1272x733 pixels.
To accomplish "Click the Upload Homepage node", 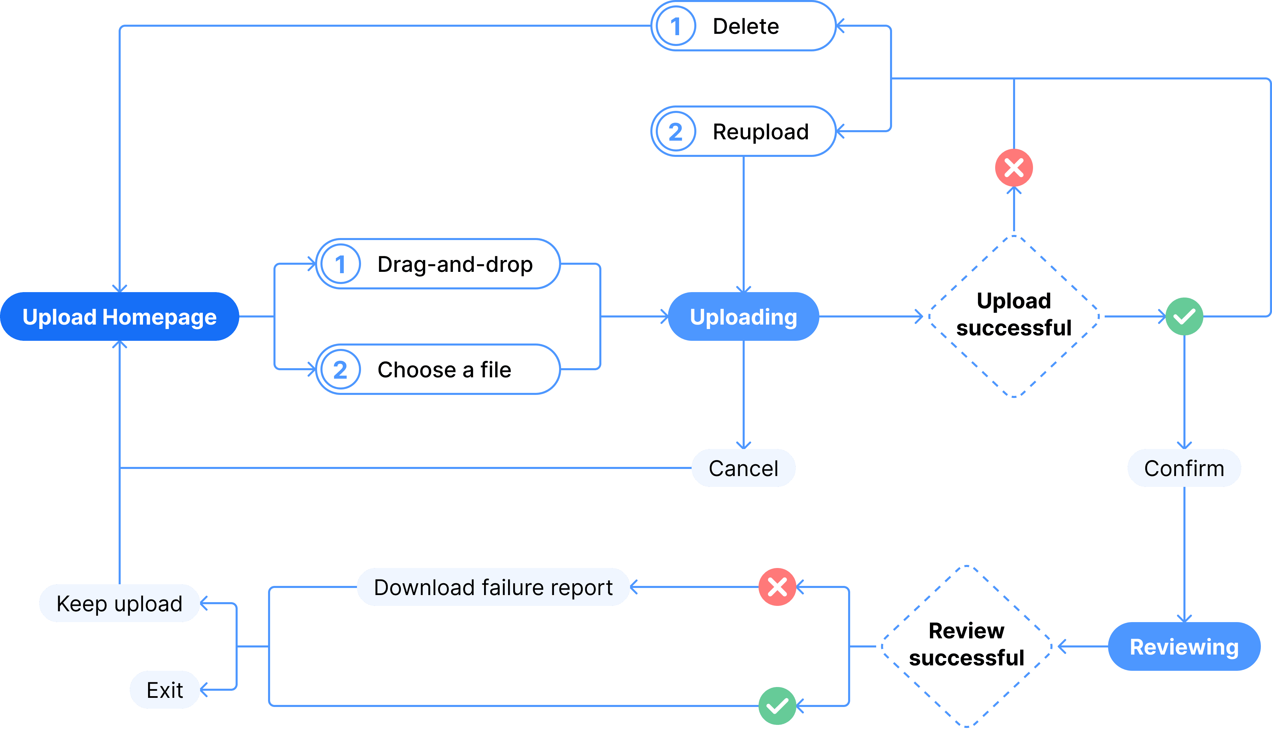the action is click(120, 317).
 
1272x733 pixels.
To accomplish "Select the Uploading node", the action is click(743, 317).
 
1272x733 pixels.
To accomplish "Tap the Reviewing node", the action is click(1184, 646).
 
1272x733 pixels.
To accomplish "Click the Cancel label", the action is click(743, 468).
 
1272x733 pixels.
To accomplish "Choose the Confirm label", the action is click(1184, 468).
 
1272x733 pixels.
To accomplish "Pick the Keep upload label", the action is click(120, 603).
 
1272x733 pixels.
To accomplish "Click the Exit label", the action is click(165, 690).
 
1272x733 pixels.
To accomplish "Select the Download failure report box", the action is click(493, 587).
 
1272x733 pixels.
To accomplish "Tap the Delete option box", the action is click(743, 26).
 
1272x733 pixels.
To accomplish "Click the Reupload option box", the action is click(743, 132).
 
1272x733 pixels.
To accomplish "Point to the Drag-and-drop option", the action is click(438, 264).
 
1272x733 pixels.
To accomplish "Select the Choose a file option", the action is click(438, 370).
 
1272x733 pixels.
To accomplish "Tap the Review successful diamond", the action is click(966, 646).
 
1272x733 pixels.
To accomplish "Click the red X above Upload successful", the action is click(1014, 168).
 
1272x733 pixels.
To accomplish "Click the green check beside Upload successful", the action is click(1184, 317).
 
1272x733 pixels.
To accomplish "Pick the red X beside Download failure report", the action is click(777, 587).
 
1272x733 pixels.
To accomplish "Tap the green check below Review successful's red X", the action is click(777, 706).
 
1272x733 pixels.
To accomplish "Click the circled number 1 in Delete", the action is click(676, 26).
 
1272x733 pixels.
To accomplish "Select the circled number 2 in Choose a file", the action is click(341, 370).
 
